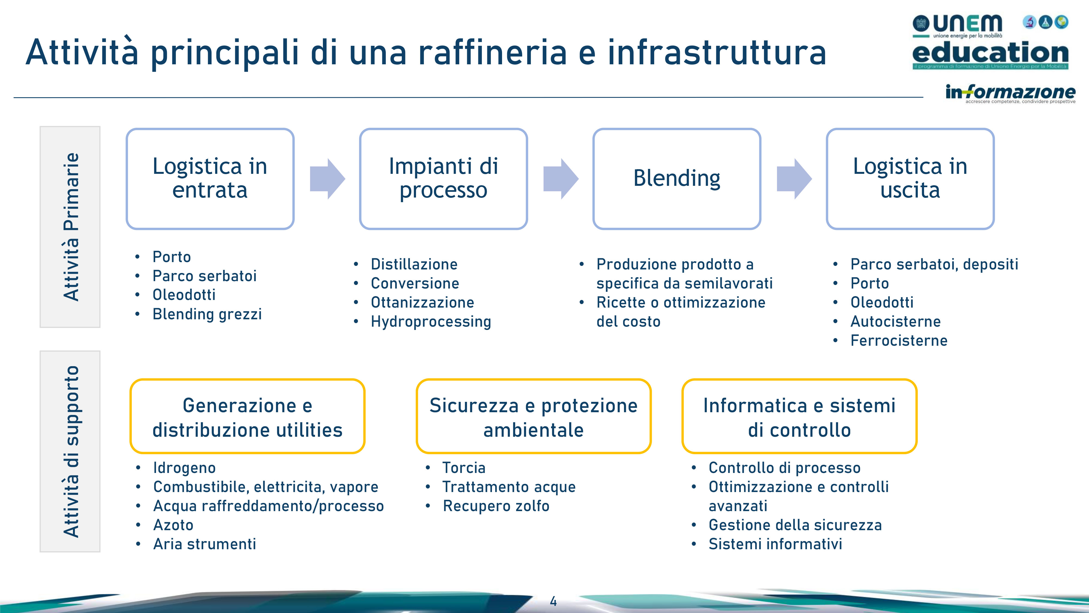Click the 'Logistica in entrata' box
[210, 178]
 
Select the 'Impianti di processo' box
[443, 178]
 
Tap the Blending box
[677, 178]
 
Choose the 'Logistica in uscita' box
[910, 178]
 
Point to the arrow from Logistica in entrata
[328, 178]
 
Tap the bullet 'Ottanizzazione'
[422, 302]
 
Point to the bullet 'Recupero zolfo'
[496, 506]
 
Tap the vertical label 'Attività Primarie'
[71, 227]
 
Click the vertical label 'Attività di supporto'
[71, 451]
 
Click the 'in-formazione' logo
[1010, 93]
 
